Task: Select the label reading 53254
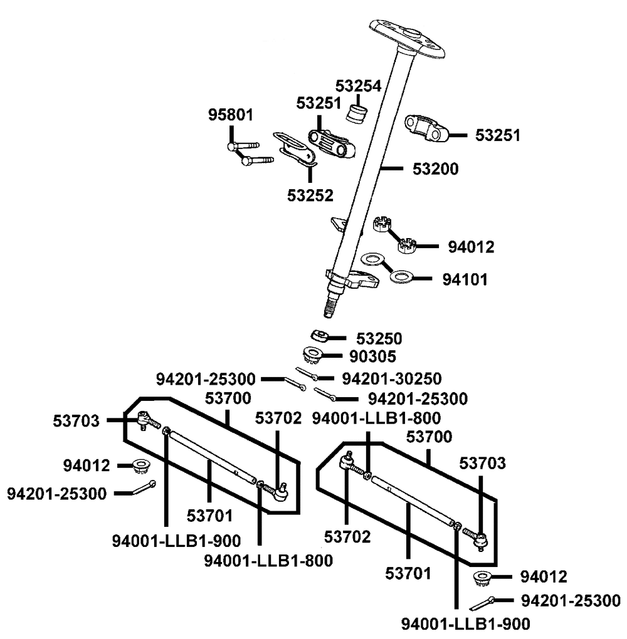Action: [358, 86]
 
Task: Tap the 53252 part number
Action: [310, 195]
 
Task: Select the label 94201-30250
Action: [392, 378]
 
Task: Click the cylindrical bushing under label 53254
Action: [357, 114]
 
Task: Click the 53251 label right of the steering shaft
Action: [497, 135]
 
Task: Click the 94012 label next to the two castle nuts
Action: [471, 247]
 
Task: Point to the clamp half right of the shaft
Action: [427, 127]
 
